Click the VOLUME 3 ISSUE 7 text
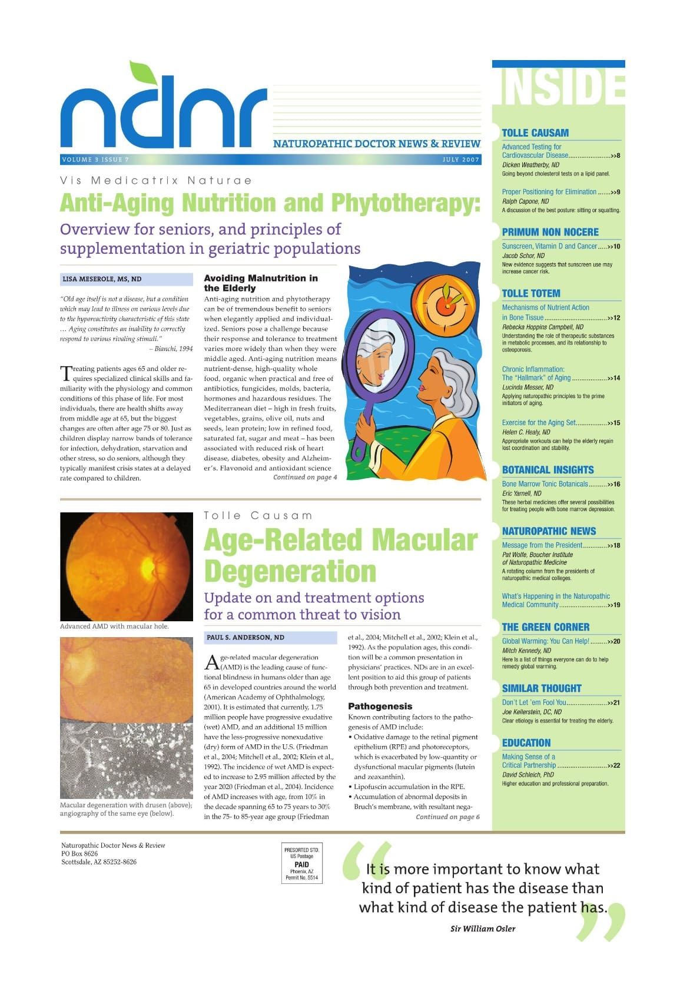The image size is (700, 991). click(x=95, y=160)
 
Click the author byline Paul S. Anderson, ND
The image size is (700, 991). click(x=245, y=637)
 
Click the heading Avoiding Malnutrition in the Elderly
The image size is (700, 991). click(x=260, y=283)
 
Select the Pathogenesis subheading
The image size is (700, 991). click(x=380, y=706)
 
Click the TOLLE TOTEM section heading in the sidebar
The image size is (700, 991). click(x=530, y=293)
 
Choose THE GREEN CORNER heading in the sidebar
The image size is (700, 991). click(x=545, y=627)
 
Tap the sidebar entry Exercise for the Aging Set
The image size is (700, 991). click(x=539, y=423)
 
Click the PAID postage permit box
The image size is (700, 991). click(x=301, y=864)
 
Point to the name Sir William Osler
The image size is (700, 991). click(x=482, y=929)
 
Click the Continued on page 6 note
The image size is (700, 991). click(x=447, y=817)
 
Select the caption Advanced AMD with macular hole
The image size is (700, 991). click(x=114, y=626)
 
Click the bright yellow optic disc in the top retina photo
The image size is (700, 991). click(x=147, y=566)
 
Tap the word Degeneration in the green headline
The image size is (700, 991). click(x=290, y=571)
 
